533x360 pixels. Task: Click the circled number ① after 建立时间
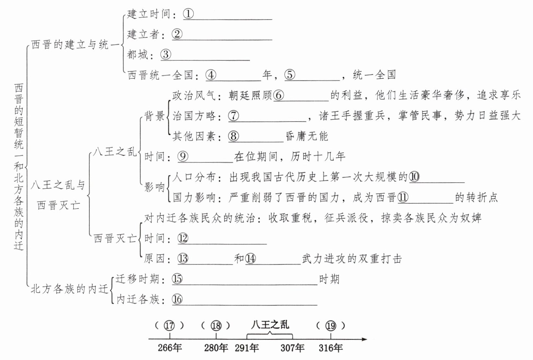pyautogui.click(x=188, y=14)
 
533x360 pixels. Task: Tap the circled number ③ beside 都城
pyautogui.click(x=166, y=54)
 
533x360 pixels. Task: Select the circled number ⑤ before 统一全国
pyautogui.click(x=290, y=75)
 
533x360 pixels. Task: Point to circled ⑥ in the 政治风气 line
pyautogui.click(x=278, y=95)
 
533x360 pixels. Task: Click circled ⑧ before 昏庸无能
pyautogui.click(x=233, y=136)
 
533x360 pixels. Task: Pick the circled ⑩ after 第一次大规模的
pyautogui.click(x=414, y=177)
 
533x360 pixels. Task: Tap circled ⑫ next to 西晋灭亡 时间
pyautogui.click(x=183, y=238)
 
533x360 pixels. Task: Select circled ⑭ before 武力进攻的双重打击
pyautogui.click(x=251, y=258)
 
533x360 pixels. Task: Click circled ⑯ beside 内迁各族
pyautogui.click(x=177, y=299)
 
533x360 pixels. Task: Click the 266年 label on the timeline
pyautogui.click(x=170, y=348)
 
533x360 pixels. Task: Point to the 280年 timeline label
pyautogui.click(x=216, y=348)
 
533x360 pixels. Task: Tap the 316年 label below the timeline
pyautogui.click(x=331, y=348)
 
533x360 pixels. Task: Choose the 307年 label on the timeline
pyautogui.click(x=292, y=348)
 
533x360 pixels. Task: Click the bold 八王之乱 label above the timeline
pyautogui.click(x=270, y=324)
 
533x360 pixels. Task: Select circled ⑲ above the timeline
pyautogui.click(x=331, y=326)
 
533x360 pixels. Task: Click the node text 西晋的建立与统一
pyautogui.click(x=75, y=45)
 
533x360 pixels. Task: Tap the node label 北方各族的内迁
pyautogui.click(x=70, y=289)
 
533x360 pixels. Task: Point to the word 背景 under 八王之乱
pyautogui.click(x=155, y=116)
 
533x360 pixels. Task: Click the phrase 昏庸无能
pyautogui.click(x=307, y=136)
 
